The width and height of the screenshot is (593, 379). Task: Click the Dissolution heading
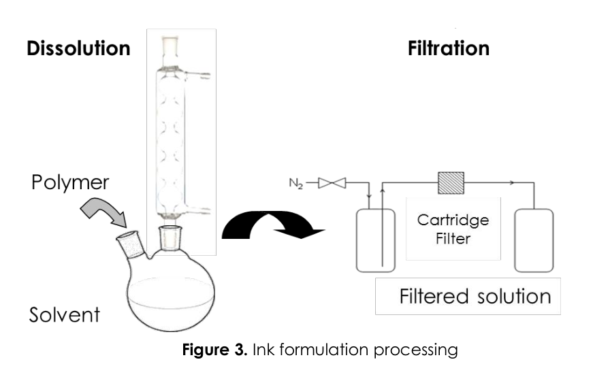pyautogui.click(x=78, y=49)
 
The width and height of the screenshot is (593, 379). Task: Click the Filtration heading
pyautogui.click(x=448, y=49)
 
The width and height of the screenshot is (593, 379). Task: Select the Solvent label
pyautogui.click(x=65, y=315)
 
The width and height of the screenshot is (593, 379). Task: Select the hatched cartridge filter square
pyautogui.click(x=450, y=182)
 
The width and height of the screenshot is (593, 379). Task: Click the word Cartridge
pyautogui.click(x=453, y=220)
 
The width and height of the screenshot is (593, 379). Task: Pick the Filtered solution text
pyautogui.click(x=475, y=297)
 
